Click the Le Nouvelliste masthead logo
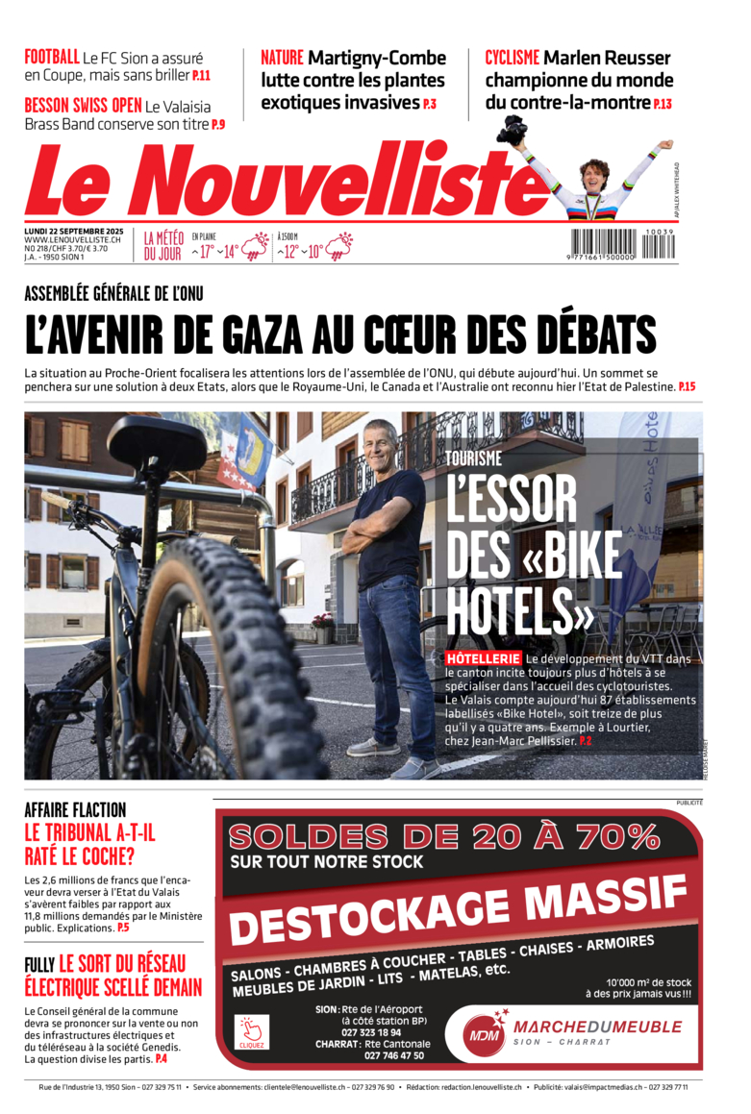[x=279, y=181]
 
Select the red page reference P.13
[x=662, y=104]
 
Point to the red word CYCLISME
[x=512, y=58]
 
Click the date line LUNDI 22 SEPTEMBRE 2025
[x=74, y=232]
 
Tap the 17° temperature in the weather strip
[x=206, y=253]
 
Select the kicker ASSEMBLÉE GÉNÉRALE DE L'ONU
[x=113, y=293]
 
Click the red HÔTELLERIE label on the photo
[x=483, y=658]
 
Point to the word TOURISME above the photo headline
[x=473, y=459]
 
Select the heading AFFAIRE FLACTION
[x=75, y=809]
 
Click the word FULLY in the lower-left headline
[x=39, y=963]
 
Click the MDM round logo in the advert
[x=481, y=1035]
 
